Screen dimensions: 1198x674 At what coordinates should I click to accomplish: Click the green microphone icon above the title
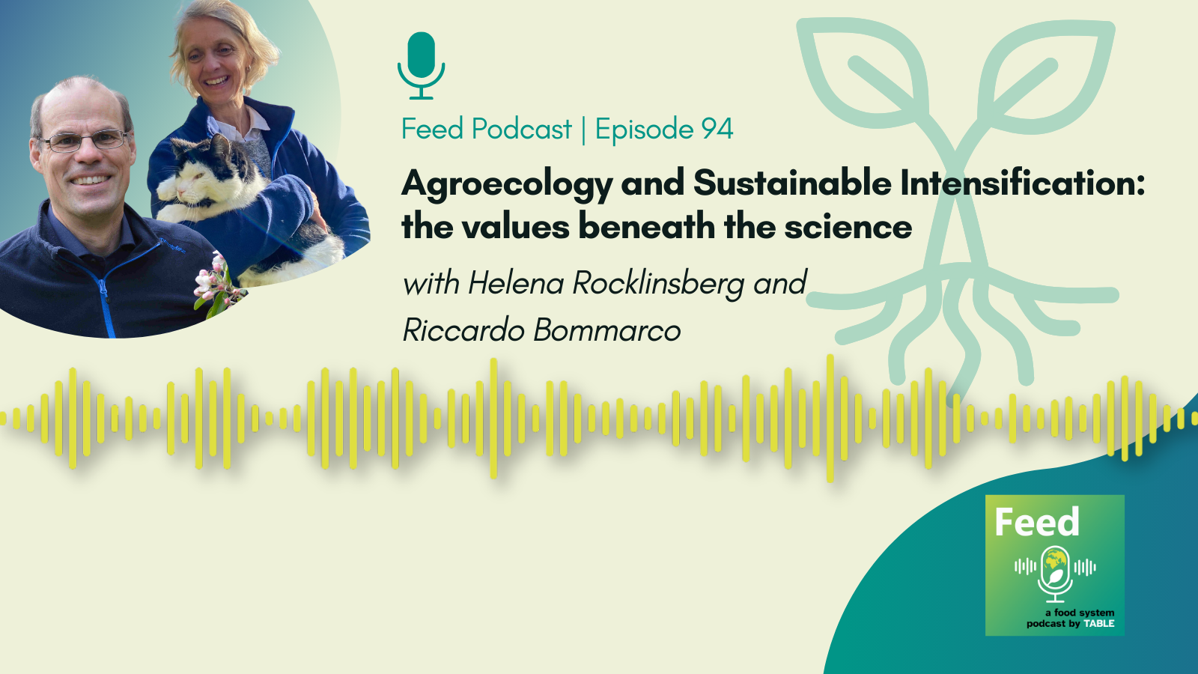(x=421, y=65)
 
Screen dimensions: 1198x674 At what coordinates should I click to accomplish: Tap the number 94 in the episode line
(x=717, y=129)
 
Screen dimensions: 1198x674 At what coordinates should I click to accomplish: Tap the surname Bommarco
(x=607, y=330)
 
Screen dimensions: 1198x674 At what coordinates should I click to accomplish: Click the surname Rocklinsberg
(x=658, y=284)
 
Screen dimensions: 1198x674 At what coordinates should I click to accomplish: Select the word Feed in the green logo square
(x=1037, y=522)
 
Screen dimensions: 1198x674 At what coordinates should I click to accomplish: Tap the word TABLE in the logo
(x=1099, y=624)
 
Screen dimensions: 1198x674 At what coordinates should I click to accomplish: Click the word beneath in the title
(x=647, y=227)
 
